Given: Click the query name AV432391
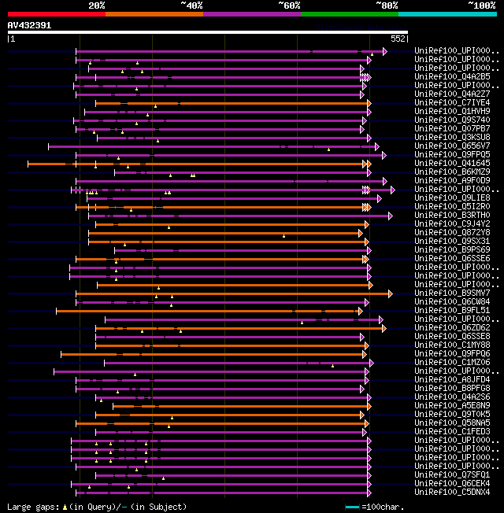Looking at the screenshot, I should [30, 25].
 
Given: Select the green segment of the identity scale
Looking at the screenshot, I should [349, 14].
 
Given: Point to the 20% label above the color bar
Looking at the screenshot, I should [97, 5].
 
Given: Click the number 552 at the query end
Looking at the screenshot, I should [398, 39].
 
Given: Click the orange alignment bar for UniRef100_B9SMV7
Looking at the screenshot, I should [236, 293].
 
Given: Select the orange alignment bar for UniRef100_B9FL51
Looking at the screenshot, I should [205, 311].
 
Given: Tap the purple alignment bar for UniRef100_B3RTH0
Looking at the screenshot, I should [236, 216].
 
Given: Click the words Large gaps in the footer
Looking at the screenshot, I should [33, 507].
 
